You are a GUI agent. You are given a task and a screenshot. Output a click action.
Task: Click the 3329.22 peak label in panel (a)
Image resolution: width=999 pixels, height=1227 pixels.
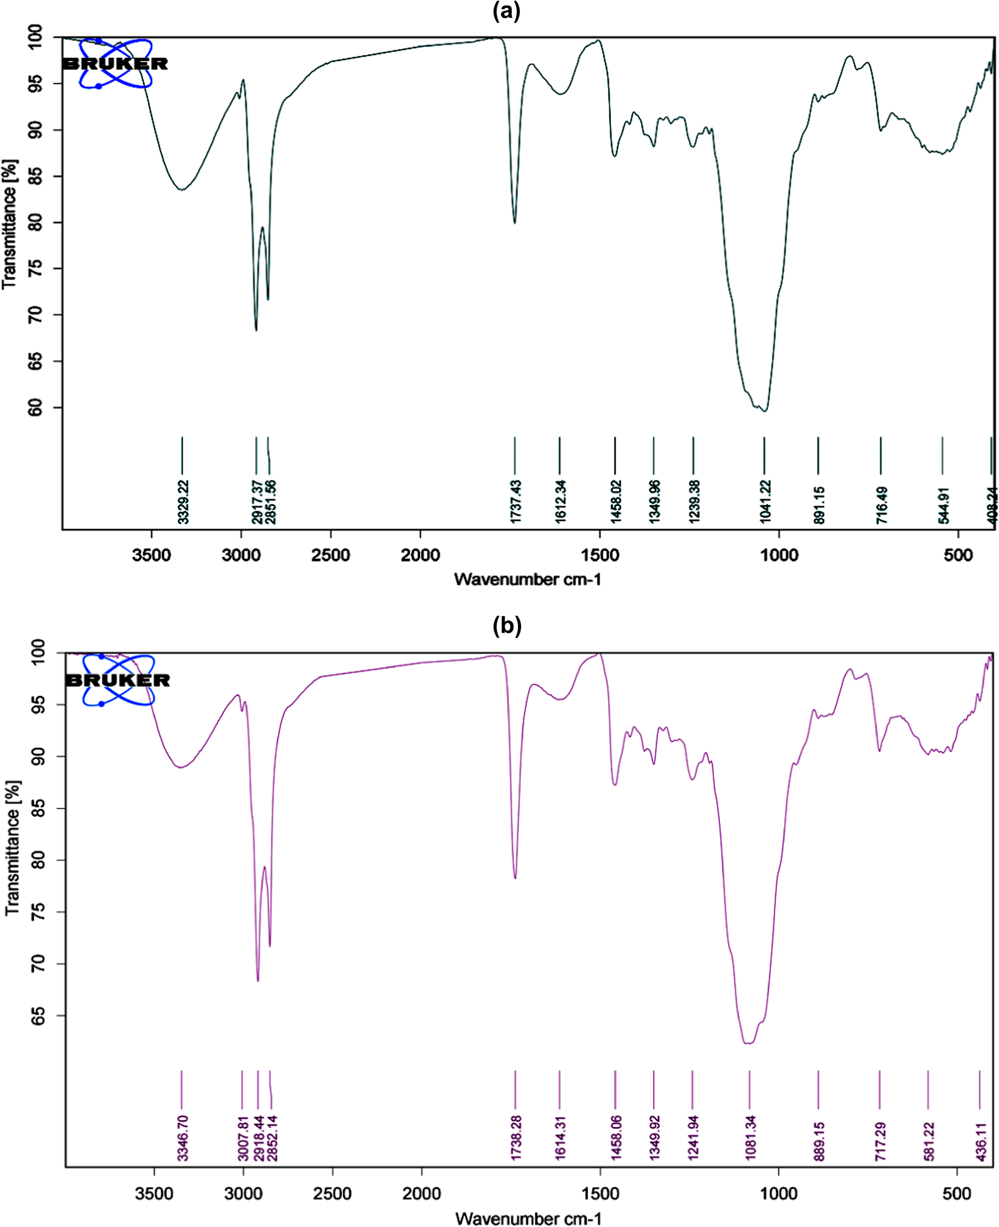(x=183, y=502)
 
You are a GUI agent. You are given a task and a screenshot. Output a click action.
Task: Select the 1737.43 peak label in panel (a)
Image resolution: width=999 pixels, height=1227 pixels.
(x=516, y=502)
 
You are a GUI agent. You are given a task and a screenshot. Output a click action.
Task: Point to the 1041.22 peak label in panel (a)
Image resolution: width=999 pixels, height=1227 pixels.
(x=765, y=502)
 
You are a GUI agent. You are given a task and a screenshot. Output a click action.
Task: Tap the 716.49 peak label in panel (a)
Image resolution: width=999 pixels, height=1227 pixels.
(x=882, y=505)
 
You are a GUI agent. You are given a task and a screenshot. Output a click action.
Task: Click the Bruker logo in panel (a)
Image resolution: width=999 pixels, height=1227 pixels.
(x=116, y=63)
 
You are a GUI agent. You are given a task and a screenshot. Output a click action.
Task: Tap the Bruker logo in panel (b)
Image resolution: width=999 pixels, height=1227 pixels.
(x=118, y=680)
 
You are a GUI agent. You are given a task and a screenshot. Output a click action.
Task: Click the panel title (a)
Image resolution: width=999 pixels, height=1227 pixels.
(x=506, y=11)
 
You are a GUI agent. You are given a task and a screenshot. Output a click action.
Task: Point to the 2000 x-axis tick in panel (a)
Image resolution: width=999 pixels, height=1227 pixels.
(x=421, y=555)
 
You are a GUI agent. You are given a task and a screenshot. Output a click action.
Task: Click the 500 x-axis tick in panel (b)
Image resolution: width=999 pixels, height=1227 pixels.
(x=957, y=1194)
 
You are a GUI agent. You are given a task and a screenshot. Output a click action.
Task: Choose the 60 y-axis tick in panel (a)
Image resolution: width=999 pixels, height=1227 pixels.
(x=36, y=408)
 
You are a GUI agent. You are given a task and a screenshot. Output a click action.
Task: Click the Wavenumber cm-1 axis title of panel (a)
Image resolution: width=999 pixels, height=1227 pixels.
(x=528, y=579)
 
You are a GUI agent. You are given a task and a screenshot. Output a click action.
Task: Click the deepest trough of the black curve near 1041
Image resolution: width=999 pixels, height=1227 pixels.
(x=764, y=411)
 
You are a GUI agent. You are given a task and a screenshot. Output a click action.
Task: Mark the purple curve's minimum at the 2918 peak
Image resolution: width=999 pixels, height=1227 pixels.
(x=258, y=980)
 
